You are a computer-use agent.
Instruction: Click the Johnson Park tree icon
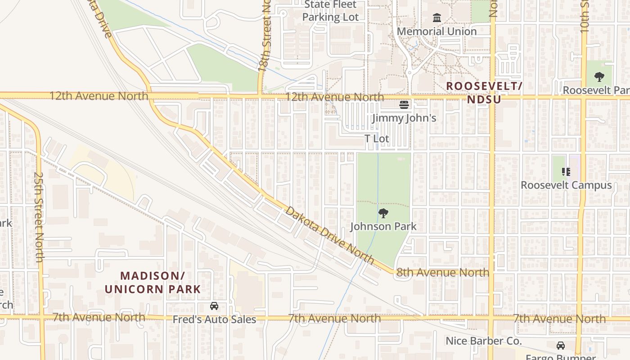click(x=383, y=213)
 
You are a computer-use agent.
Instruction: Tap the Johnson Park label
click(x=383, y=226)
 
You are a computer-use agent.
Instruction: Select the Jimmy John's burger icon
click(x=404, y=105)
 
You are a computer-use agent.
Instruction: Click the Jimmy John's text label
click(x=404, y=118)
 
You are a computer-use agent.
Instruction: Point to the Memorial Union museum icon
click(x=436, y=18)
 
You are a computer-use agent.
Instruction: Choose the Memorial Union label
click(x=436, y=31)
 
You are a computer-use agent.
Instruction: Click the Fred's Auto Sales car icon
click(x=214, y=306)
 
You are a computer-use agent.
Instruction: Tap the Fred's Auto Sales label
click(x=214, y=319)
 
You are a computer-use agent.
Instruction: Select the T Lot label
click(x=377, y=139)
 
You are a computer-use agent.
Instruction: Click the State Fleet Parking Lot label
click(x=330, y=11)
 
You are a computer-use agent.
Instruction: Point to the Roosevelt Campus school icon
click(x=566, y=171)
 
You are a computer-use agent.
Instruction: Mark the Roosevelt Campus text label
click(x=566, y=185)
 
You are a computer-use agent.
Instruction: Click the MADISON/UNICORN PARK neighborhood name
click(x=153, y=282)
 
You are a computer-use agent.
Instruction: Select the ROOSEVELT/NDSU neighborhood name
click(x=484, y=92)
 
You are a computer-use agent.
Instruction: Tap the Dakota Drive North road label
click(x=330, y=235)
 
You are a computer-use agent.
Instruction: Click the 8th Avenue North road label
click(x=442, y=272)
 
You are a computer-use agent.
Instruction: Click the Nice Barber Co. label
click(x=483, y=341)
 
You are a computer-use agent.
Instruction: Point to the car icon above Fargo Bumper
click(x=560, y=346)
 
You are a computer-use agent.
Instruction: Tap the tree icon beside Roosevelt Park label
click(x=599, y=77)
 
